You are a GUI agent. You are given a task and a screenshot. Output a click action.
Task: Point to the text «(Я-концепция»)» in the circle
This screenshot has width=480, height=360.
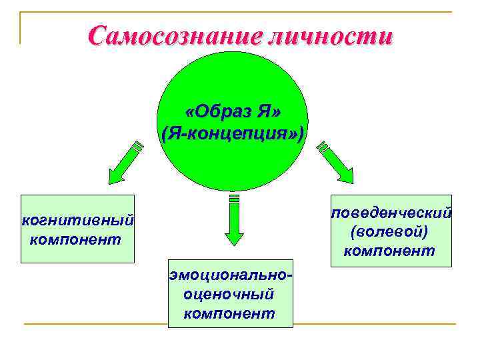(x=233, y=134)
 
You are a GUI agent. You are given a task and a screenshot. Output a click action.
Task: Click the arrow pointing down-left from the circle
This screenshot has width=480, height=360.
(x=125, y=162)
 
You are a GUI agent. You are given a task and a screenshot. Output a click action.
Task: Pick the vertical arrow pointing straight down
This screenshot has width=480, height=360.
(x=233, y=219)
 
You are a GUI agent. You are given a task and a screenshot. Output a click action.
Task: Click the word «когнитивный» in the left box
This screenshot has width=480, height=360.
(x=78, y=220)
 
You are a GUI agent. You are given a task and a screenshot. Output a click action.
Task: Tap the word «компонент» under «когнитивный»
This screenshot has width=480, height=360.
(x=75, y=239)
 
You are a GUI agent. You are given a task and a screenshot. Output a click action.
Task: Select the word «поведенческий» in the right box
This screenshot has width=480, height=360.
(x=391, y=213)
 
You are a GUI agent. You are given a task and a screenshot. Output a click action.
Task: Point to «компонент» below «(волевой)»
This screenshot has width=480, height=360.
(x=389, y=251)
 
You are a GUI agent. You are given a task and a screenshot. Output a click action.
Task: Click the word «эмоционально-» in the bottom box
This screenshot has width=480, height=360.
(x=231, y=275)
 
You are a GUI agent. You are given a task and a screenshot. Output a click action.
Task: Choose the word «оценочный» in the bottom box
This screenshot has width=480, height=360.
(x=229, y=293)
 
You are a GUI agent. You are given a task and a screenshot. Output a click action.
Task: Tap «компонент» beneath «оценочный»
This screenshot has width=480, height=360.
(x=229, y=313)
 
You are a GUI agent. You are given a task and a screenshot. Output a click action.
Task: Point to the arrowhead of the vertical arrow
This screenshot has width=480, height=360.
(x=233, y=237)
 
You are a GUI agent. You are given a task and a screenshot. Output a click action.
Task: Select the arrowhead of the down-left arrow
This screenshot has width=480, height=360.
(x=114, y=175)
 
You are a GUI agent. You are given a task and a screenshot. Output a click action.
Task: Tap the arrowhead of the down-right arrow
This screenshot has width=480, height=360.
(x=347, y=175)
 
